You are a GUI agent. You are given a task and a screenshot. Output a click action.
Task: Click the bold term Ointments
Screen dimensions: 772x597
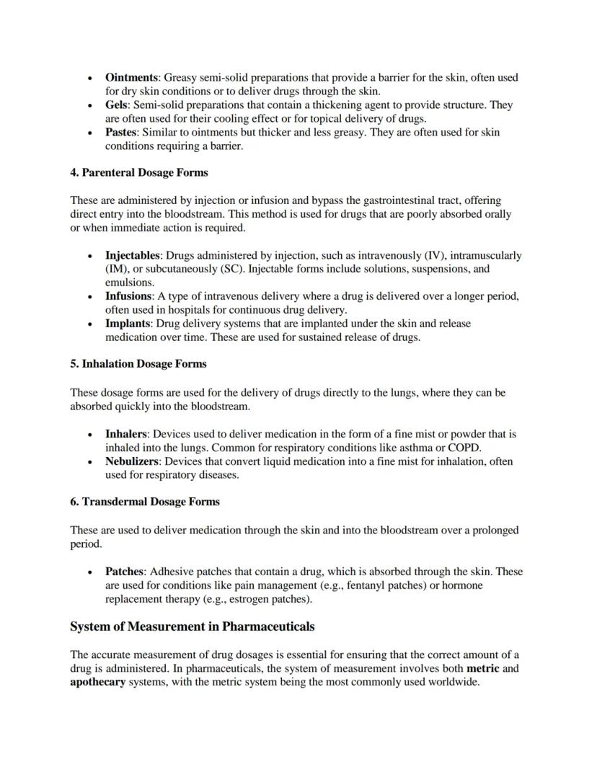[131, 77]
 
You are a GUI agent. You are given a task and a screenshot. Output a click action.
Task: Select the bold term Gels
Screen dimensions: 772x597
[118, 105]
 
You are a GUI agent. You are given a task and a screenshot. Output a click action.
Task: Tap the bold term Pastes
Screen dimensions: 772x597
[121, 132]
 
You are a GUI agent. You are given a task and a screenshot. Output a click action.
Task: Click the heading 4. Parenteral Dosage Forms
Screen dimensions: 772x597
[138, 172]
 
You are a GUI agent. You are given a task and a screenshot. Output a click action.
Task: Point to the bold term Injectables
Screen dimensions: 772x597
[133, 255]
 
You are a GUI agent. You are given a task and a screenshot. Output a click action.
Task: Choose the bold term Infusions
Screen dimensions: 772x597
[128, 296]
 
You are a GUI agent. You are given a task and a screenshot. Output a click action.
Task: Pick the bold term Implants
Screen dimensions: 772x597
[128, 324]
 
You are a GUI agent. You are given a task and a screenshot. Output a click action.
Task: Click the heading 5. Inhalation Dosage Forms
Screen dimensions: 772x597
[138, 364]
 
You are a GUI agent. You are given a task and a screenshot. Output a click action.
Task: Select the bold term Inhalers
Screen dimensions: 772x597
[125, 434]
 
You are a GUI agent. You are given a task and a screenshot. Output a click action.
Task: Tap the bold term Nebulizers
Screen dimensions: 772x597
[131, 461]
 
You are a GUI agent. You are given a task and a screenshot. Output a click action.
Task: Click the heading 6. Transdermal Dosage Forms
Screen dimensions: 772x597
[144, 502]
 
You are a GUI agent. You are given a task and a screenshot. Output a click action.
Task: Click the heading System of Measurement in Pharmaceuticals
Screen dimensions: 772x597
[192, 626]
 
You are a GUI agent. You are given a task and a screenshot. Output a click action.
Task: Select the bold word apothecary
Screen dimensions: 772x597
[97, 682]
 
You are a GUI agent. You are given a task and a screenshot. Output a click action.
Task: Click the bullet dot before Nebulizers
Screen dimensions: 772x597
[89, 462]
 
